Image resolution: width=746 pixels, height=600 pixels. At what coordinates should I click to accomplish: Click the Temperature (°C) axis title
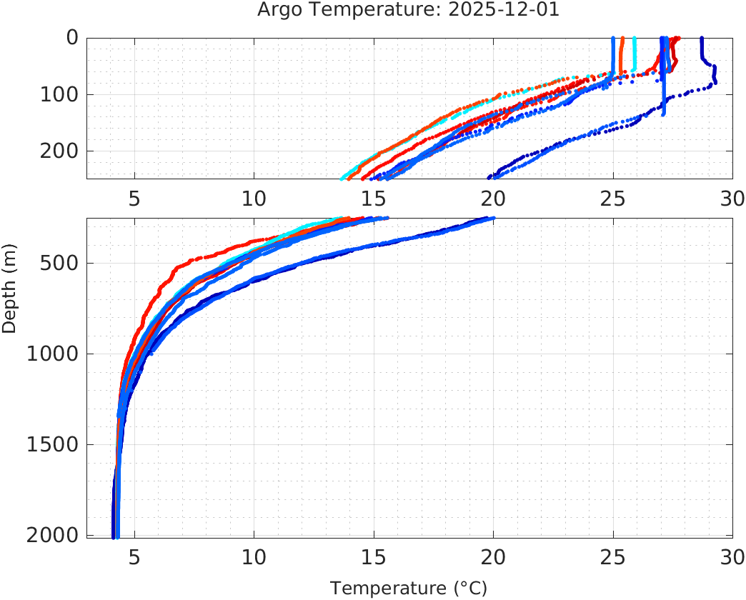pos(409,589)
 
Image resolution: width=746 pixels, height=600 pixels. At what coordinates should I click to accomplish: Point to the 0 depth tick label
pos(72,38)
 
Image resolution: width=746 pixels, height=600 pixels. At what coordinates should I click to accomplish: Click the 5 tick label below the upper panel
pos(134,198)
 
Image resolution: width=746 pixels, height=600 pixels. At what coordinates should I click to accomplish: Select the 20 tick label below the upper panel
pos(493,198)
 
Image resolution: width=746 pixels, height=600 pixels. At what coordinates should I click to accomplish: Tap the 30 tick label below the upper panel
pos(732,198)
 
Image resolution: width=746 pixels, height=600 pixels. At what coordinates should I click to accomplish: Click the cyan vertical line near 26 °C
pos(635,54)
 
